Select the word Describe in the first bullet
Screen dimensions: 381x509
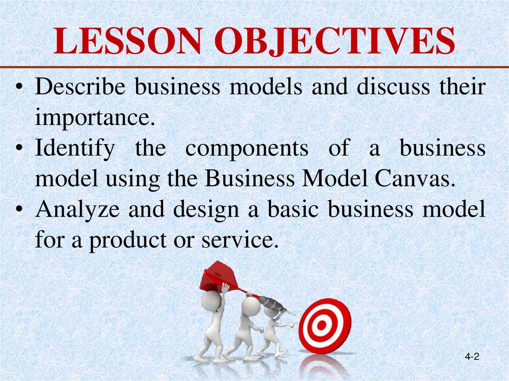click(81, 88)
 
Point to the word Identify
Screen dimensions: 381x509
click(75, 149)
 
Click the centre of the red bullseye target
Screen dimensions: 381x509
click(322, 326)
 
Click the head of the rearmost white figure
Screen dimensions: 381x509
click(212, 301)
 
